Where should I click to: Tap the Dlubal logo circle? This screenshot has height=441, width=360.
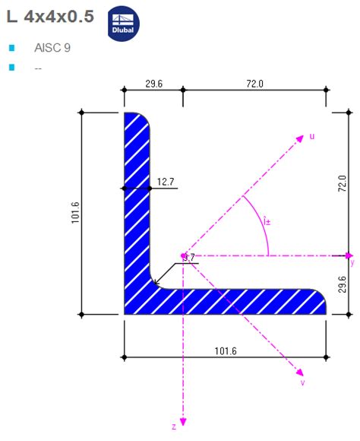point(124,23)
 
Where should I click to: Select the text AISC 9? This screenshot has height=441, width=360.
point(52,48)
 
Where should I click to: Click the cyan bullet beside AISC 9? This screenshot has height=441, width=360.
point(11,48)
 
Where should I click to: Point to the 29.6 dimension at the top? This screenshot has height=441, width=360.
point(153,84)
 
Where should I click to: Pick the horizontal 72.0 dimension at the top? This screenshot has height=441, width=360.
point(254,84)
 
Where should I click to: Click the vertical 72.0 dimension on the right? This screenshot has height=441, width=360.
point(343,183)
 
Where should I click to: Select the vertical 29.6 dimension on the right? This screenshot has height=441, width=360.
point(343,284)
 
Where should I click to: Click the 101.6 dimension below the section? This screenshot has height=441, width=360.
point(226,351)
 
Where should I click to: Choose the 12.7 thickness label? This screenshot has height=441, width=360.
point(166,182)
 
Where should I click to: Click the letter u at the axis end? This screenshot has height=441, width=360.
point(311,137)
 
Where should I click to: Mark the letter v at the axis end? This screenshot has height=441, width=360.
point(302,382)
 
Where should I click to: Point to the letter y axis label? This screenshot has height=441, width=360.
point(352,262)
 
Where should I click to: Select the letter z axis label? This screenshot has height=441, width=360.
point(174,427)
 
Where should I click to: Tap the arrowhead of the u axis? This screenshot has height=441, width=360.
point(302,139)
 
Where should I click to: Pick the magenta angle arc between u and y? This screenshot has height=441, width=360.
point(261,220)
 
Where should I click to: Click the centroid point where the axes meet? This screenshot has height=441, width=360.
point(183,255)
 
